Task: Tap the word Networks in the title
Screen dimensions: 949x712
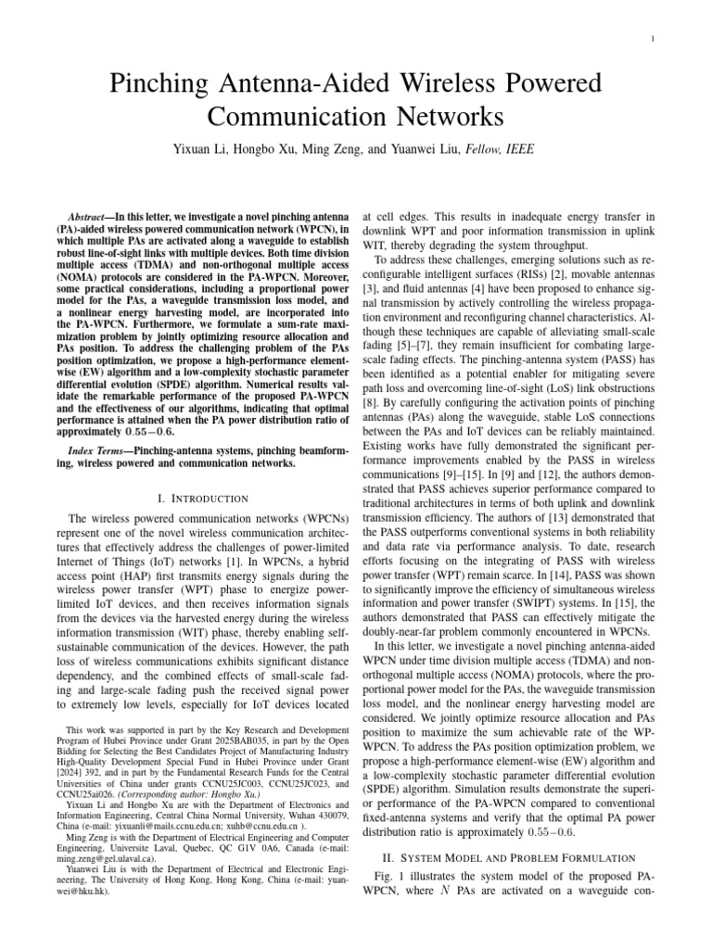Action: tap(443, 118)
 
